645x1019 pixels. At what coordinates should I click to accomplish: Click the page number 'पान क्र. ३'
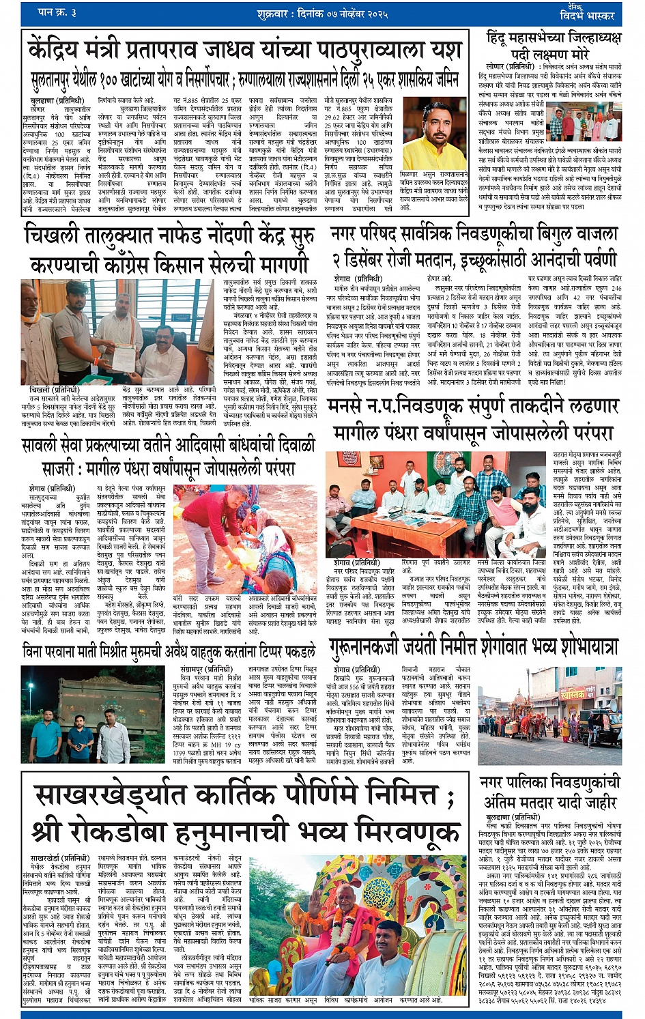coord(57,12)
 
